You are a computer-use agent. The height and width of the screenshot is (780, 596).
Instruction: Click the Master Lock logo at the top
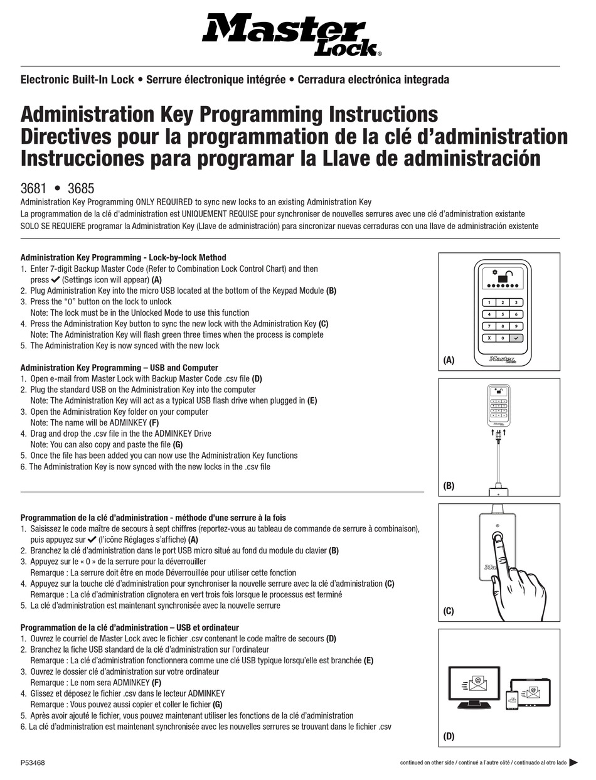pos(291,36)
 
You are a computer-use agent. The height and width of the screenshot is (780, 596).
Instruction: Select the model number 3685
pos(80,188)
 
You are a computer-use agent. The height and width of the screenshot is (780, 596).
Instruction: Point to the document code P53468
pos(33,763)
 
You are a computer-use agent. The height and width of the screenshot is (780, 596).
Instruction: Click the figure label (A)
pos(449,360)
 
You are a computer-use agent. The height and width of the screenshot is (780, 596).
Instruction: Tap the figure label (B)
pos(449,486)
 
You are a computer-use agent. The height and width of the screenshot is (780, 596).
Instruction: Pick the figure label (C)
pos(449,611)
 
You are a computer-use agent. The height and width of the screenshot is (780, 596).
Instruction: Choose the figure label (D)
pos(449,737)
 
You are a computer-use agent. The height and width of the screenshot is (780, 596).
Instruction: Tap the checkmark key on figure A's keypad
pos(515,338)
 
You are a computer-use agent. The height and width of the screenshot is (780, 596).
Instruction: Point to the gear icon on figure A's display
pos(494,272)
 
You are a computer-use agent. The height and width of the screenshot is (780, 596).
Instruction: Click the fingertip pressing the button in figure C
pos(498,538)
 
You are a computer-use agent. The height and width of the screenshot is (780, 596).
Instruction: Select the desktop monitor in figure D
pos(473,687)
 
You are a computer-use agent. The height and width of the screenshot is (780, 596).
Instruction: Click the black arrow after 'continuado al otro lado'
pos(573,763)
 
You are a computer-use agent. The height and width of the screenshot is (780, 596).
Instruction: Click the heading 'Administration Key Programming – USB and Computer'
pos(119,368)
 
